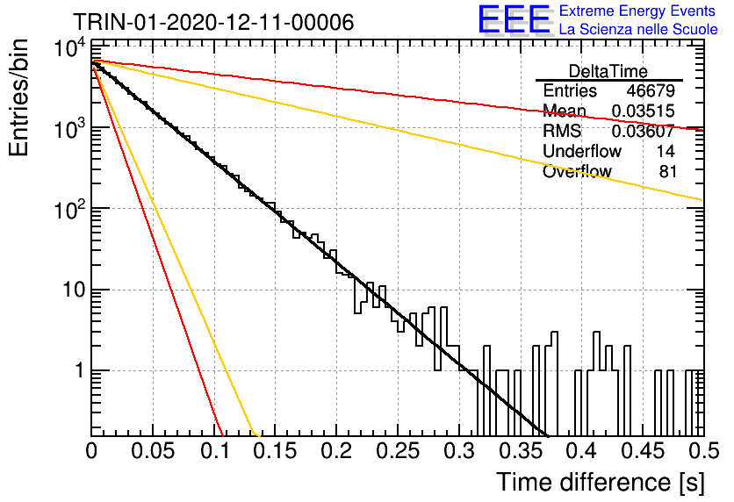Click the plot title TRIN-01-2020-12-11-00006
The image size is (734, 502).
coord(213,22)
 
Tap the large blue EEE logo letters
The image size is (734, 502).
coord(514,19)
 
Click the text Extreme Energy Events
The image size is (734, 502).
coord(637,11)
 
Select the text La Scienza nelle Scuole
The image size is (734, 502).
coord(638,29)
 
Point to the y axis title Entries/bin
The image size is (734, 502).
coord(18,98)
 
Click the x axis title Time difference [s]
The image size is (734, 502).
coord(601,483)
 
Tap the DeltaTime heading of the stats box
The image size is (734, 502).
coord(608,71)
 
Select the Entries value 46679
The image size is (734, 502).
coord(651,90)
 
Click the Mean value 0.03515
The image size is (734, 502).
coord(644,111)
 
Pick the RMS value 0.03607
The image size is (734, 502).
coord(644,131)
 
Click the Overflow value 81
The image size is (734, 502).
coord(668,171)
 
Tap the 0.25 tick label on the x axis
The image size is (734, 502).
coord(398,451)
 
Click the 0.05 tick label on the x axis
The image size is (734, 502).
coord(153,451)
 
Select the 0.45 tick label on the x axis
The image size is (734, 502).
coord(644,451)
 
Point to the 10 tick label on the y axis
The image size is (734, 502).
coord(74,290)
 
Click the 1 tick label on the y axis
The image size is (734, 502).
coord(80,370)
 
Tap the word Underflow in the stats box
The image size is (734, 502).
coord(582,151)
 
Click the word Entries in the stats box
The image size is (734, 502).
coord(570,90)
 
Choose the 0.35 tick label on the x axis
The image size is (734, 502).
coord(521,451)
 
